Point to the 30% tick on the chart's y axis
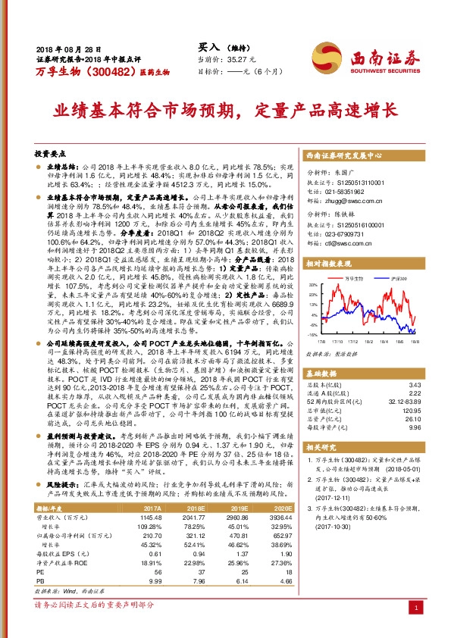coord(312,286)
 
